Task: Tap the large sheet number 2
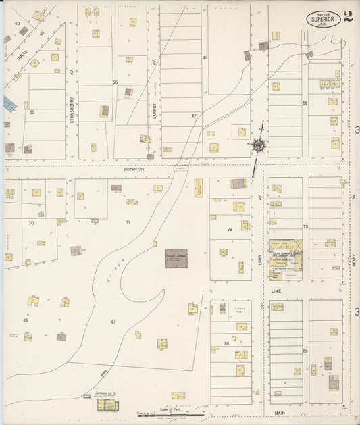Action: [347, 17]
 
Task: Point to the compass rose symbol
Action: [259, 144]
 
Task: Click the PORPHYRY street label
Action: [134, 171]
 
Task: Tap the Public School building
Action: [176, 258]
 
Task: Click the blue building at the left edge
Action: [8, 103]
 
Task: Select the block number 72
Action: [229, 230]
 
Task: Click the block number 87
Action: [113, 322]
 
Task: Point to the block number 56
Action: [115, 82]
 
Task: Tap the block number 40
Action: [16, 23]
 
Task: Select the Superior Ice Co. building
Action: [106, 404]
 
